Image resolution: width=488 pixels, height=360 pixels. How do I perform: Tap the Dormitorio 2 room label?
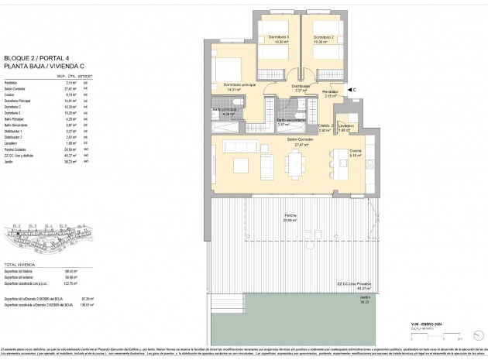323,38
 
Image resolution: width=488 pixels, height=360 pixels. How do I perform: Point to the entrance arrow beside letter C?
344,91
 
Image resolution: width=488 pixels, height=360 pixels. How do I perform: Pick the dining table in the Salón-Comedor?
295,163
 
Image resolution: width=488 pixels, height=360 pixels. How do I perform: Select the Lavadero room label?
345,126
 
